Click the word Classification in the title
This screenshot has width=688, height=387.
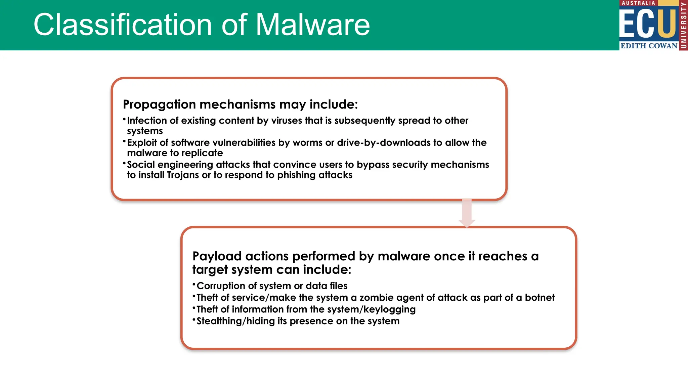pos(123,25)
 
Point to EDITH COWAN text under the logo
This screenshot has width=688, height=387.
pos(649,46)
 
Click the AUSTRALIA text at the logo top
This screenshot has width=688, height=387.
pos(638,3)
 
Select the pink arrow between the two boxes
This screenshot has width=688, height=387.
pos(467,213)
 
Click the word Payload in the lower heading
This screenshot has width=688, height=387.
pos(217,256)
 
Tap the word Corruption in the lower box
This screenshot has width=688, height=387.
pos(221,286)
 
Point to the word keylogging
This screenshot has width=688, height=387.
pos(389,309)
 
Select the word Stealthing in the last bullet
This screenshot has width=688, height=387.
pos(219,321)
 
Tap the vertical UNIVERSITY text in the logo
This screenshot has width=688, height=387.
pos(683,25)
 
